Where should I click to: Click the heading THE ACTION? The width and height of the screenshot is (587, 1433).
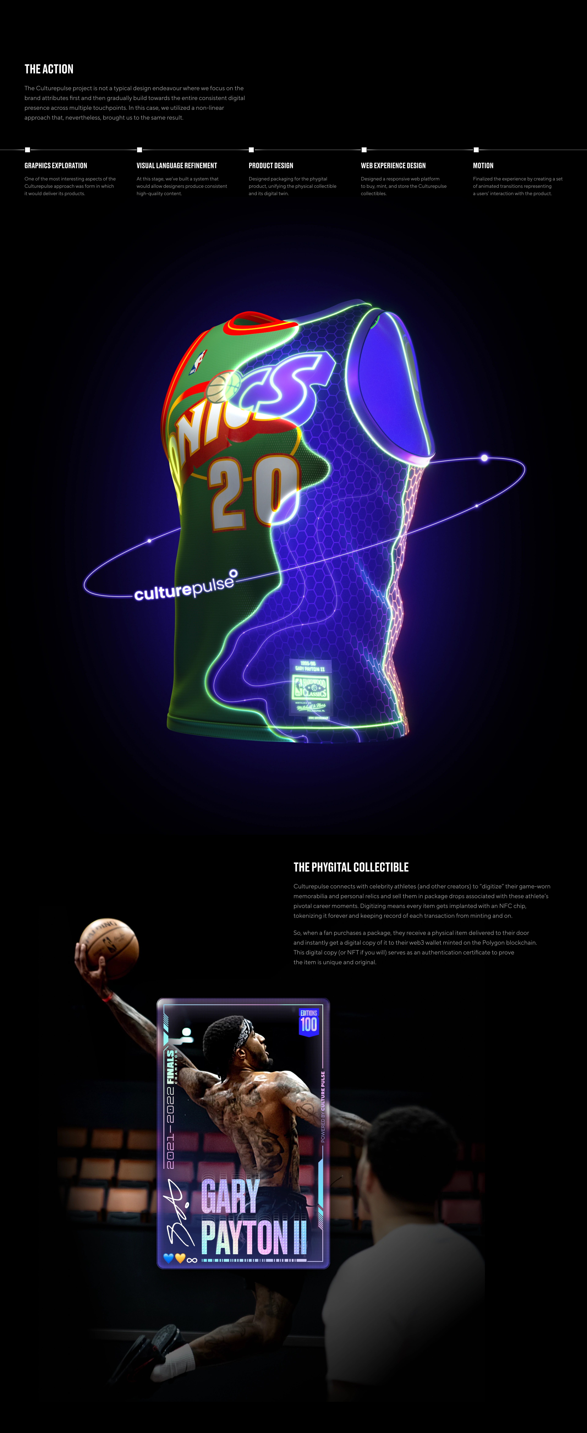click(49, 69)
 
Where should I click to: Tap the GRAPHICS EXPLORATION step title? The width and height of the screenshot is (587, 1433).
click(56, 166)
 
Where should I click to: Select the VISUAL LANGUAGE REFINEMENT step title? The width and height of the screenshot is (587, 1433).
click(177, 166)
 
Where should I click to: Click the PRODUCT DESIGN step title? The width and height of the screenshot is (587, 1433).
click(271, 166)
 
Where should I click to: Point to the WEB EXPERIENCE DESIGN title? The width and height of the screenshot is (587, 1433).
click(393, 166)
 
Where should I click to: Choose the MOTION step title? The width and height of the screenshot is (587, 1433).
click(483, 166)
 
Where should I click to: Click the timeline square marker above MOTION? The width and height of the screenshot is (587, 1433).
click(476, 150)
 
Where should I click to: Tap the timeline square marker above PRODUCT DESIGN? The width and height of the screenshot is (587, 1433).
click(251, 150)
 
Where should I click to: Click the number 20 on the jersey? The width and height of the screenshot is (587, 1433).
click(253, 490)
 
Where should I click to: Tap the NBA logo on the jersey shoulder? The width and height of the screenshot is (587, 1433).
click(198, 362)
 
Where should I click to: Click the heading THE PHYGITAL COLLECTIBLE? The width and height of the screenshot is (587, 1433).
click(351, 867)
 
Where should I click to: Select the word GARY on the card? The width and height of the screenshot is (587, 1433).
click(230, 1196)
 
